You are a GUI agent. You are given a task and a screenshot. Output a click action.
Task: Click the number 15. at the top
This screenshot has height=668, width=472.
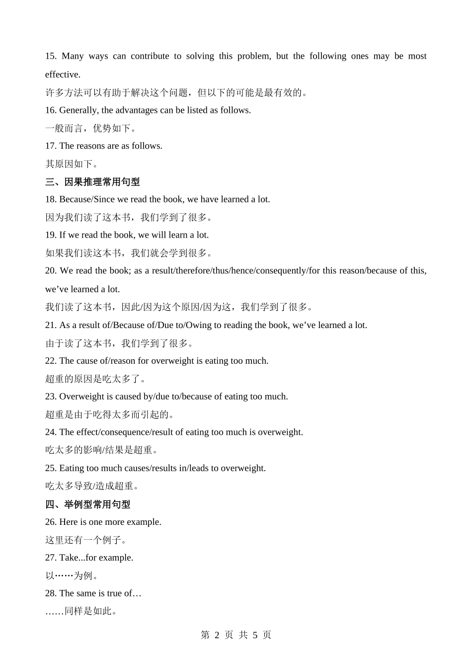tap(51, 56)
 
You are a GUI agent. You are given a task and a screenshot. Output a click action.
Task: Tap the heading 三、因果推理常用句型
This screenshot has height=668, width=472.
tap(92, 182)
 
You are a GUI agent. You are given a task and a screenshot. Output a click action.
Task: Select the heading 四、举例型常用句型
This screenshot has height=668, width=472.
tap(87, 504)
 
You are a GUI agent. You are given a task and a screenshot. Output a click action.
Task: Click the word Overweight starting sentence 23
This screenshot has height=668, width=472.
tap(81, 397)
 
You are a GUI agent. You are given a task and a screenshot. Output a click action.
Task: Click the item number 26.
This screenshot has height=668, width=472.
tap(51, 522)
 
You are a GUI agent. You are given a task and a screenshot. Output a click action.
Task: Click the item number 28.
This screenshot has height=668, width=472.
tap(51, 593)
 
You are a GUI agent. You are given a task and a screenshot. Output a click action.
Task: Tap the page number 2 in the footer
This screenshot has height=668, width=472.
tap(217, 635)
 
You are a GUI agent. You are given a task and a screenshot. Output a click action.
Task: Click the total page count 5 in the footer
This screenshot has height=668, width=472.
tap(255, 635)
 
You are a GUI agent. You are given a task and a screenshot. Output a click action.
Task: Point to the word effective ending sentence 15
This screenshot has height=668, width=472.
tap(62, 75)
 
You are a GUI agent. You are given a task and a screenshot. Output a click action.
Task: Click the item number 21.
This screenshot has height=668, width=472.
tap(51, 325)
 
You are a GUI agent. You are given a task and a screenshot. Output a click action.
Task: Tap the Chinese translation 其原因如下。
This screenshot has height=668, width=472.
tap(73, 164)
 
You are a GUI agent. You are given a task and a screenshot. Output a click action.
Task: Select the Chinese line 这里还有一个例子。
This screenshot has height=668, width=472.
tap(87, 540)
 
